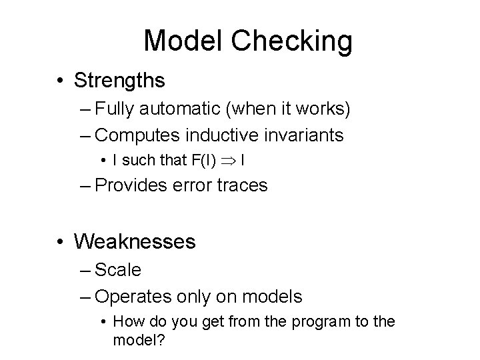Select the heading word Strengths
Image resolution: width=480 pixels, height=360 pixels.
click(119, 81)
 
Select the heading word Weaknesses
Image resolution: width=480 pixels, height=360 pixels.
click(135, 241)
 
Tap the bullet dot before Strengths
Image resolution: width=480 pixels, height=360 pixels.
click(62, 81)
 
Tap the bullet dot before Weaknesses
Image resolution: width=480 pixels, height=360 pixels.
click(62, 241)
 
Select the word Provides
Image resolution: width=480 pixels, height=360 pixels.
click(127, 185)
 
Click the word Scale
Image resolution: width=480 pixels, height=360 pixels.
click(118, 270)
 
